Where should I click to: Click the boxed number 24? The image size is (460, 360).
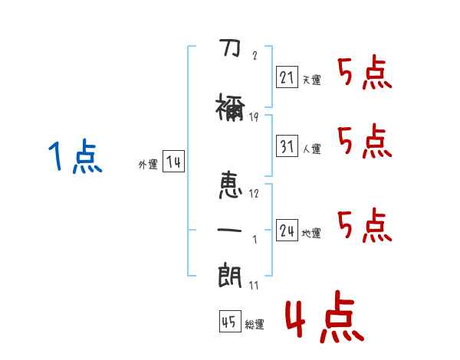click(287, 230)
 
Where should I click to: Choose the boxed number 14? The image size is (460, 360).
click(173, 162)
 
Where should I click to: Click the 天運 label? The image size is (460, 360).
click(311, 80)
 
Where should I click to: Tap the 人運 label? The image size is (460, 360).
click(311, 149)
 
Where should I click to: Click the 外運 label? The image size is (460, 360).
click(147, 165)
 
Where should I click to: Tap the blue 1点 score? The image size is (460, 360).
click(74, 157)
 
